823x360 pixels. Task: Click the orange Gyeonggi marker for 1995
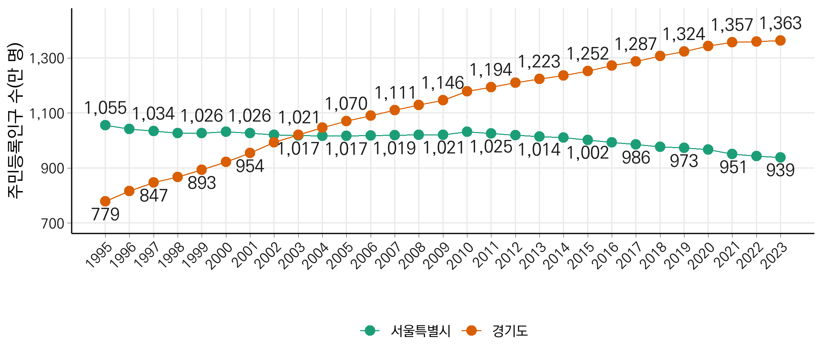pos(105,201)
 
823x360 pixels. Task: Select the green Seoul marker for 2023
pos(780,157)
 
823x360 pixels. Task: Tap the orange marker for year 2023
pos(780,41)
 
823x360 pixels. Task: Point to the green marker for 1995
pos(105,125)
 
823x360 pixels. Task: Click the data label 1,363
pos(780,23)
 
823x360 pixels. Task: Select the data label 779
pos(105,215)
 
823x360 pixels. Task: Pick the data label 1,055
pos(105,108)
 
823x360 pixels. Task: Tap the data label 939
pos(780,170)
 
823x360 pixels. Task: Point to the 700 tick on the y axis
pos(52,224)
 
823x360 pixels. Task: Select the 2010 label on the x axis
pos(462,255)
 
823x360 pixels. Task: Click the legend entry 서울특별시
pos(420,331)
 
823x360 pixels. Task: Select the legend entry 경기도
pos(510,331)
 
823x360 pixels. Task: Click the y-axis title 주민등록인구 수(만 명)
pos(15,121)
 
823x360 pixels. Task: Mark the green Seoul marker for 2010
pos(467,132)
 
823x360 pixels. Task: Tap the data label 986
pos(636,158)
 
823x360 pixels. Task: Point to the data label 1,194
pos(491,70)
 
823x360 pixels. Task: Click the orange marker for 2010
pos(467,91)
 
